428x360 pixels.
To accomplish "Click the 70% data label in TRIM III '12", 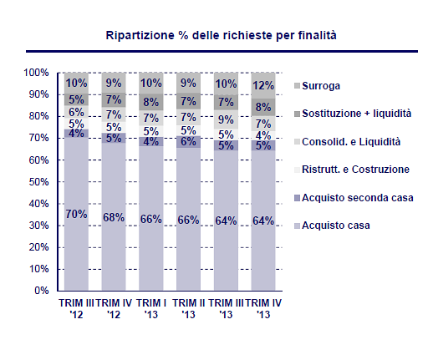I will pyautogui.click(x=76, y=215).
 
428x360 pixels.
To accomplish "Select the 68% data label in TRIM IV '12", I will pyautogui.click(x=114, y=217).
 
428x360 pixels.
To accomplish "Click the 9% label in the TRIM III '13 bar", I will pyautogui.click(x=227, y=119).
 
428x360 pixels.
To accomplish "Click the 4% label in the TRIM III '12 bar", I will pyautogui.click(x=76, y=133).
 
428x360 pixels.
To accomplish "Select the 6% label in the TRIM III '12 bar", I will pyautogui.click(x=76, y=112).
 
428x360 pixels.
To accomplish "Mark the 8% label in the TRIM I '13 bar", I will pyautogui.click(x=151, y=103).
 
